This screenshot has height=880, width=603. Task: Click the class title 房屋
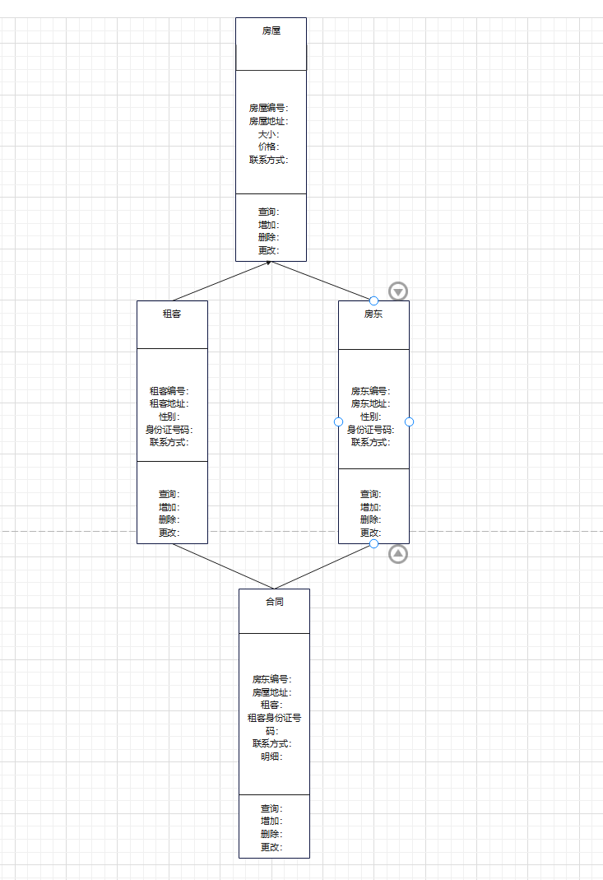(271, 30)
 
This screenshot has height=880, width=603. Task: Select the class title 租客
(172, 314)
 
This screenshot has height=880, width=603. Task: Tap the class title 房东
(373, 314)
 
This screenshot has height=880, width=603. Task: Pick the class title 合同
(274, 602)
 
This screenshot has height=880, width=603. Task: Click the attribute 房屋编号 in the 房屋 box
(269, 108)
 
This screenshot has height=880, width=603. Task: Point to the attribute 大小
(269, 134)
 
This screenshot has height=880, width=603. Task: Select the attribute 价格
(269, 147)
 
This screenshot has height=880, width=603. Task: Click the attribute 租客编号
(169, 391)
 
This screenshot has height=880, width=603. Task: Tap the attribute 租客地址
(169, 404)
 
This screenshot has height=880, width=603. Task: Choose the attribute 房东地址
(371, 404)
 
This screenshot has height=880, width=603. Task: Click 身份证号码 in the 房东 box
(371, 430)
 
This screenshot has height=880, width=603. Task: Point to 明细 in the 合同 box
(272, 757)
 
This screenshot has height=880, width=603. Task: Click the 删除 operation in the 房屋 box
(269, 237)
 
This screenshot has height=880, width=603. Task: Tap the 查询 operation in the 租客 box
(170, 495)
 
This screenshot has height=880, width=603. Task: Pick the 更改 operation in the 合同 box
(272, 846)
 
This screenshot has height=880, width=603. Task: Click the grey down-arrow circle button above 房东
(398, 291)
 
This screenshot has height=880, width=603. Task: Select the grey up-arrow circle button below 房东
(398, 554)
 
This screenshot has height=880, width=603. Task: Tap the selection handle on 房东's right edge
(410, 421)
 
